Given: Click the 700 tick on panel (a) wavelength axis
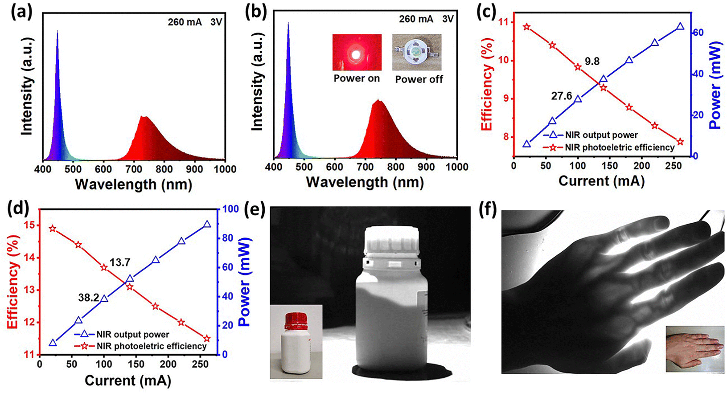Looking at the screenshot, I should click(134, 169).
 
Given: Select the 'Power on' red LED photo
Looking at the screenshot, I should click(357, 53).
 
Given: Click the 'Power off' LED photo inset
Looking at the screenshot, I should click(417, 53).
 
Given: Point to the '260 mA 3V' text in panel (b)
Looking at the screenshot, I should click(426, 19).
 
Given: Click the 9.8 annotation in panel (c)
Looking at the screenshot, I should click(592, 62).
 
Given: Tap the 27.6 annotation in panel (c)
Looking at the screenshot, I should click(562, 96).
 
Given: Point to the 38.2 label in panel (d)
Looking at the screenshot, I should click(88, 298).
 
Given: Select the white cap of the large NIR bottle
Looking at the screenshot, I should click(392, 243).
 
